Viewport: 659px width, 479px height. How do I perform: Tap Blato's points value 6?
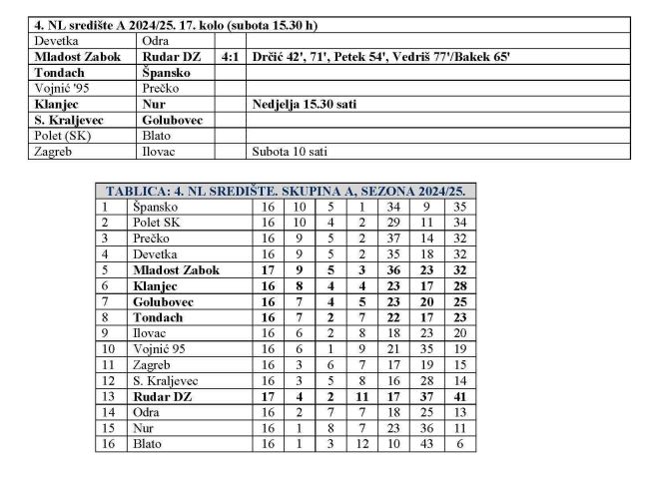[460, 443]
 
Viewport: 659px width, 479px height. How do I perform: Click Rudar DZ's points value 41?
[460, 396]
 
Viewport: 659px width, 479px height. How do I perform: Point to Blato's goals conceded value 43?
[427, 443]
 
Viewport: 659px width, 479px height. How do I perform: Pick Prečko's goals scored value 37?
[393, 239]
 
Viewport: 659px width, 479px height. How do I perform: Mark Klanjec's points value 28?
[460, 285]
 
